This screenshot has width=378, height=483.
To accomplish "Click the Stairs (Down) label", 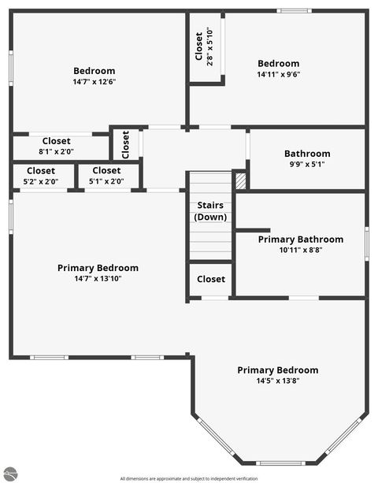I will pos(210,211).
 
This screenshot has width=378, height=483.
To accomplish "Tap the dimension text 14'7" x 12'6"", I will pos(94,81).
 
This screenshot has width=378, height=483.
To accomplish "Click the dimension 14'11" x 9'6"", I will pos(279,75).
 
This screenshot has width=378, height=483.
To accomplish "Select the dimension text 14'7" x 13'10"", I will pos(98,278).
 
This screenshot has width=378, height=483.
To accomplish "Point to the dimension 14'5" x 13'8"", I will pos(278,381).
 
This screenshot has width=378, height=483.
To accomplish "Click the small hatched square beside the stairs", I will pos(241,180).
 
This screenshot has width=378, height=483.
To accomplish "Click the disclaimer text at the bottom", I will pos(189,478).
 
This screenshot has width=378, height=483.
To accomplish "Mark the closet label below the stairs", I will pos(210,279).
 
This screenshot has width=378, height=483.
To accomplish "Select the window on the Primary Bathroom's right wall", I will pos(366,242).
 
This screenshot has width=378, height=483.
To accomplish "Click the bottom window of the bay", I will pos(281,463).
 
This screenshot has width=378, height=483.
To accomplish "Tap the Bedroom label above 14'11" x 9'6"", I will pos(279,64).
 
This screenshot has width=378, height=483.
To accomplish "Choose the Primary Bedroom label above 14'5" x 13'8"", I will pos(278,370).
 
